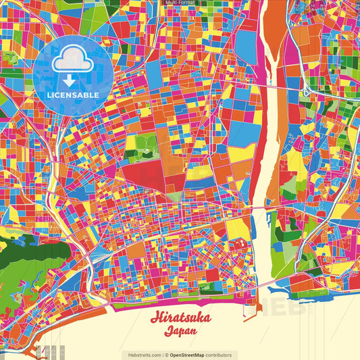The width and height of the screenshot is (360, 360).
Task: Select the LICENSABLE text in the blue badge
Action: [73, 95]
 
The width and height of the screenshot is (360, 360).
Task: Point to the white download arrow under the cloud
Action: [70, 79]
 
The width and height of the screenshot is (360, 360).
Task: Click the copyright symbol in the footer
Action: [166, 355]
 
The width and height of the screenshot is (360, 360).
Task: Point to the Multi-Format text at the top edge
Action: [180, 3]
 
